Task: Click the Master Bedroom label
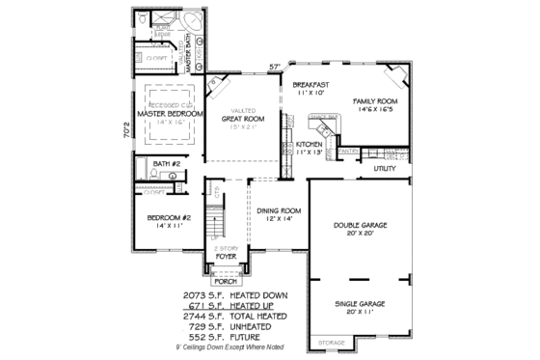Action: (x=170, y=114)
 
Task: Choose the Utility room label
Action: (x=386, y=168)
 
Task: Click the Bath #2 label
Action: (x=167, y=165)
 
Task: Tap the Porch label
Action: (x=226, y=282)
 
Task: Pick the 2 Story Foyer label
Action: (x=226, y=253)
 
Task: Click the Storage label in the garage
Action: (x=332, y=342)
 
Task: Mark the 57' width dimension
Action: (x=274, y=67)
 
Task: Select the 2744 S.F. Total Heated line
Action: (x=240, y=316)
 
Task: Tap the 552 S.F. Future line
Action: (x=240, y=337)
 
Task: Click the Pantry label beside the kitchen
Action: (x=349, y=151)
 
